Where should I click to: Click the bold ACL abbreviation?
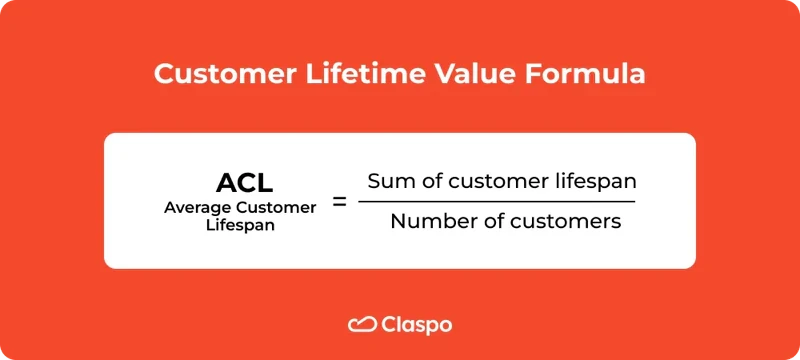coord(245,183)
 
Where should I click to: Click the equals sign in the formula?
coord(339,202)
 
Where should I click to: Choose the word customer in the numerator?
coord(490,182)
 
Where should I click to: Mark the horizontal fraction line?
coord(496,202)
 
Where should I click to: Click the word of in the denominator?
coord(484,221)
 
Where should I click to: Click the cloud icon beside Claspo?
coord(361,324)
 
